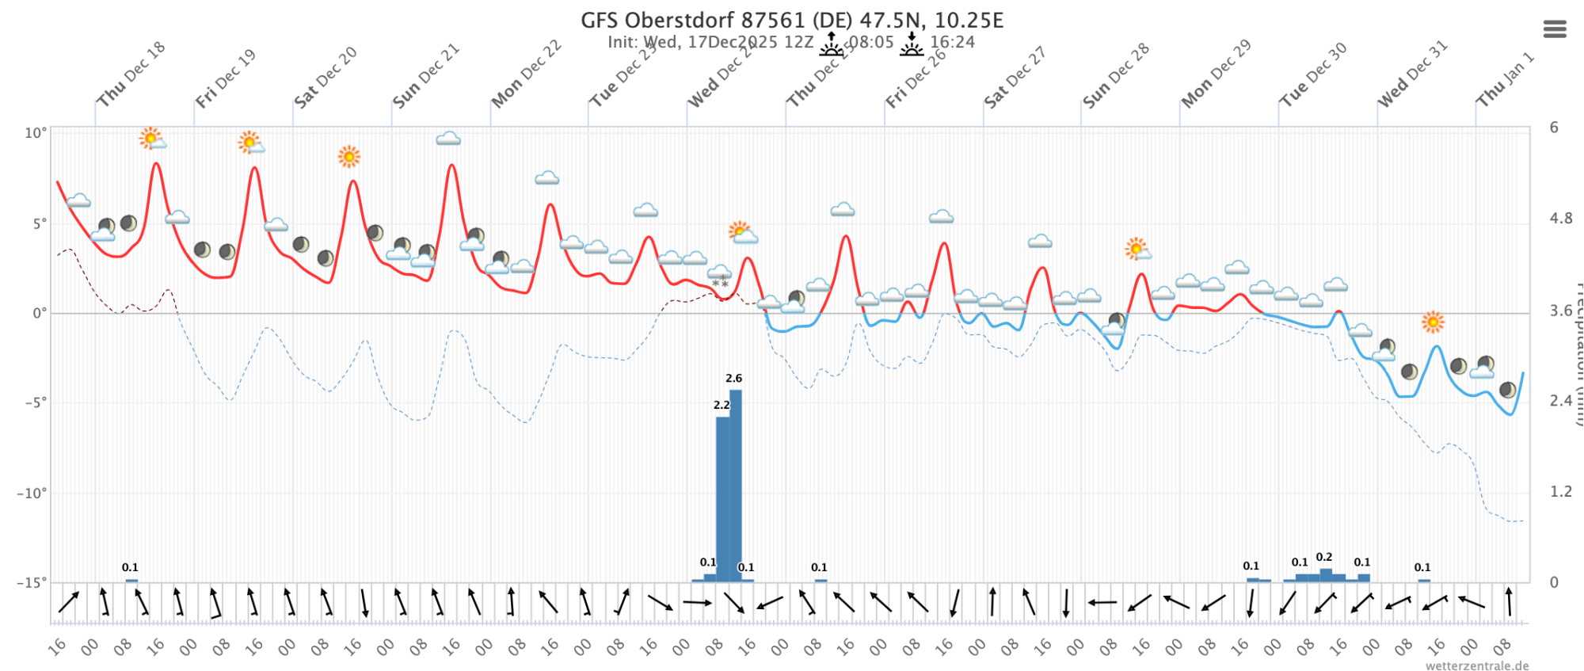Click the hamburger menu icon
(1555, 29)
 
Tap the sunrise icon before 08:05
(831, 44)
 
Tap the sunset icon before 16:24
(912, 44)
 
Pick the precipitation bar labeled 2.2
(722, 499)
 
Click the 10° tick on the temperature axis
(36, 133)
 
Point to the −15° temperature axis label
(32, 582)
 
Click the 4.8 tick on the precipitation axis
(1561, 219)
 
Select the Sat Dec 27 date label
(1015, 77)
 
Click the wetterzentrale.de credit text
(1477, 665)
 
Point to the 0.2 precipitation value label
(1324, 557)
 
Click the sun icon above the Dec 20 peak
(348, 156)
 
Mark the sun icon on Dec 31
(1433, 322)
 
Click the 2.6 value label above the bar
(734, 379)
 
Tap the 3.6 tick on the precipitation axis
(1561, 311)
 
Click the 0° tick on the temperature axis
(39, 314)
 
